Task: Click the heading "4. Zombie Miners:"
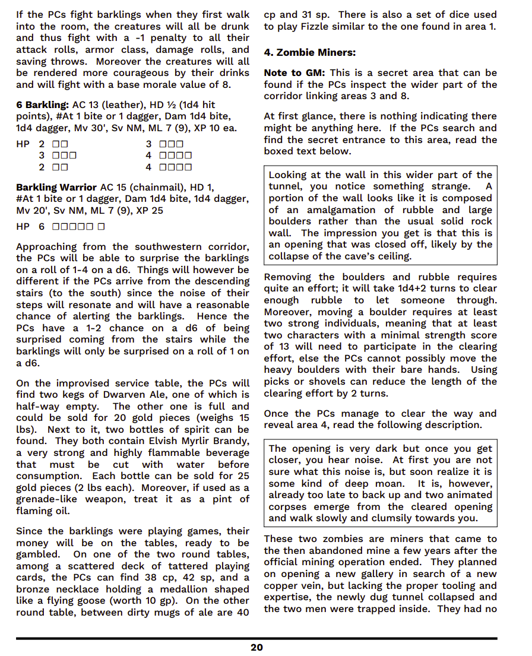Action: (x=309, y=53)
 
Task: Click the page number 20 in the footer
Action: (x=256, y=647)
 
